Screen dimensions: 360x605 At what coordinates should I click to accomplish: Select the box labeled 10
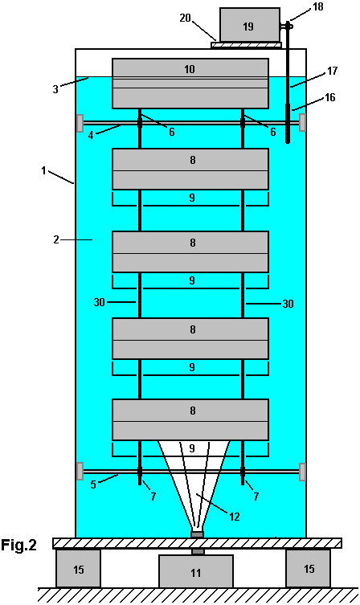pyautogui.click(x=190, y=84)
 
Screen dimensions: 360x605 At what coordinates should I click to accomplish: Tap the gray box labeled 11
pyautogui.click(x=196, y=571)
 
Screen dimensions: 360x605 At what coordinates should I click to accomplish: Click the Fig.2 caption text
pyautogui.click(x=18, y=546)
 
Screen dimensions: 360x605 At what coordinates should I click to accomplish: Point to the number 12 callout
pyautogui.click(x=235, y=517)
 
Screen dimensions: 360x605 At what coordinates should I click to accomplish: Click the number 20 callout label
pyautogui.click(x=185, y=18)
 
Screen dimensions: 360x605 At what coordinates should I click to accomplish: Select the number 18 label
pyautogui.click(x=318, y=6)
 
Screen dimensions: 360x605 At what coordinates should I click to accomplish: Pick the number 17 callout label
pyautogui.click(x=332, y=71)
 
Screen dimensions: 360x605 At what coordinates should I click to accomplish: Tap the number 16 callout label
pyautogui.click(x=330, y=97)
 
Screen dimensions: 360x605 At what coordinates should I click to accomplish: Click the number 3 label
pyautogui.click(x=55, y=89)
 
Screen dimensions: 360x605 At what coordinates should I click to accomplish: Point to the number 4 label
pyautogui.click(x=91, y=135)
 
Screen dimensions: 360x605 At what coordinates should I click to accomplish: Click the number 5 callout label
pyautogui.click(x=93, y=484)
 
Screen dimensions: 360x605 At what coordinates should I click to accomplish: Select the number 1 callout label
pyautogui.click(x=44, y=170)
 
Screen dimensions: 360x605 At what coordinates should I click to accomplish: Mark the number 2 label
pyautogui.click(x=56, y=239)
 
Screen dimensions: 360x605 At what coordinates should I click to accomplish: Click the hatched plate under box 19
pyautogui.click(x=246, y=45)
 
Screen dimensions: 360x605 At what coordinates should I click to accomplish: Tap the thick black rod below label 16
pyautogui.click(x=288, y=123)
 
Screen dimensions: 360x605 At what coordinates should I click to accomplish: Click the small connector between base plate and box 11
pyautogui.click(x=198, y=552)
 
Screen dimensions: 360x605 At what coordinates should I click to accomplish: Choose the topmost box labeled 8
pyautogui.click(x=190, y=169)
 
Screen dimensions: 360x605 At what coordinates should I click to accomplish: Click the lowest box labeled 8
pyautogui.click(x=190, y=419)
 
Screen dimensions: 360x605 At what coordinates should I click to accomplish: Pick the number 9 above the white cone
pyautogui.click(x=192, y=448)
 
